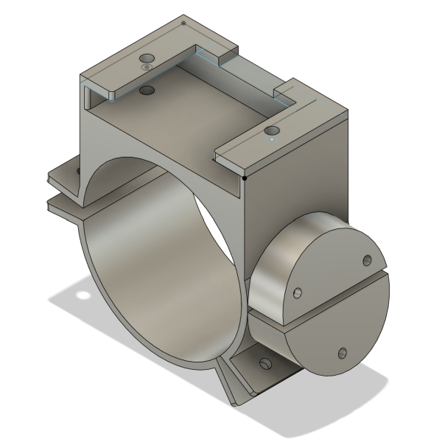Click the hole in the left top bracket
[147, 57]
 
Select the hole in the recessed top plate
[147, 91]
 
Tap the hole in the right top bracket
[270, 132]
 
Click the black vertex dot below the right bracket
[245, 177]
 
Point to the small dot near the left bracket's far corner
[183, 23]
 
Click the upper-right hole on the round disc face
[366, 259]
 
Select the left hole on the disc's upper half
[297, 293]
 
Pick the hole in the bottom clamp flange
[263, 362]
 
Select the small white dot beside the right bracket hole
[273, 138]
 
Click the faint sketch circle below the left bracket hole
[147, 67]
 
